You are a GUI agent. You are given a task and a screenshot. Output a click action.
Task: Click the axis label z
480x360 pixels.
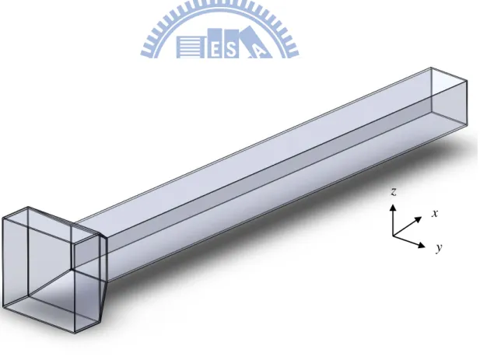click(394, 192)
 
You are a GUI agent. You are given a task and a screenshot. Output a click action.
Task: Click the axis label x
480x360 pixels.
click(435, 213)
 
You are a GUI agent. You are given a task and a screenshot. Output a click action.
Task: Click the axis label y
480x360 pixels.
click(440, 247)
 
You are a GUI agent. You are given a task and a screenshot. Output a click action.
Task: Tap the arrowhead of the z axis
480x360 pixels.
click(393, 208)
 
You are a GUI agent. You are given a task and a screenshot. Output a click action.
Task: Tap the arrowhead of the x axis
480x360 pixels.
click(419, 219)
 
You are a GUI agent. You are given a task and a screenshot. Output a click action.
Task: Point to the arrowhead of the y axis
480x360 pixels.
click(422, 245)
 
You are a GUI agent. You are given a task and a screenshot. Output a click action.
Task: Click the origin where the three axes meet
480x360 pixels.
click(393, 236)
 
